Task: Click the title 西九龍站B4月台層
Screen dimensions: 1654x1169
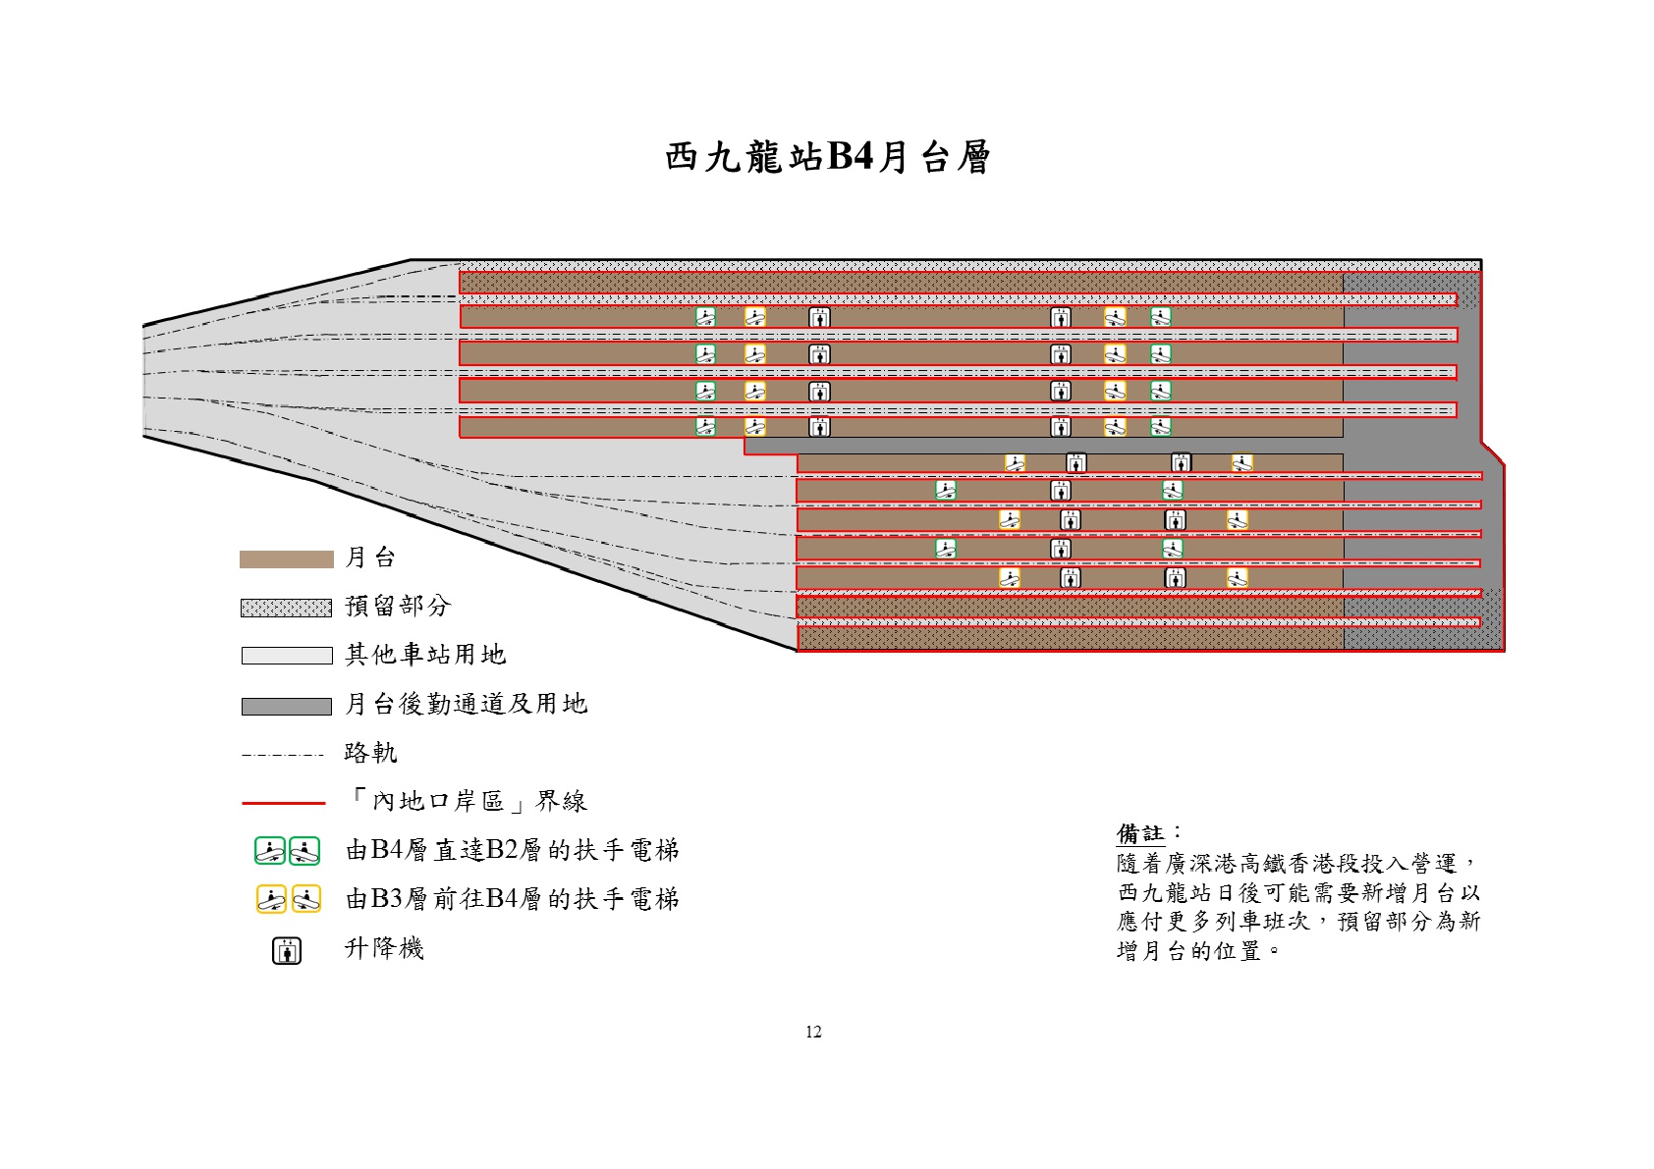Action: tap(827, 157)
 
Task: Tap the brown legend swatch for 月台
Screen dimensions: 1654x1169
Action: tap(287, 559)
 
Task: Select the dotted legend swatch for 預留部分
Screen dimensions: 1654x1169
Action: tap(287, 608)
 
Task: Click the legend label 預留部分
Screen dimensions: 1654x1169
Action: tap(398, 606)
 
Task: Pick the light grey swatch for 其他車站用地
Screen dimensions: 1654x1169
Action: tap(287, 656)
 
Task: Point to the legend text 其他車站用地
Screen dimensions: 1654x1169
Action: tap(425, 655)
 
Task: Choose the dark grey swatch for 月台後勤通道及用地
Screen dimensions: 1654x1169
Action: tap(287, 707)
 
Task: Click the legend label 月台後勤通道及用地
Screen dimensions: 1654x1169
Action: tap(467, 704)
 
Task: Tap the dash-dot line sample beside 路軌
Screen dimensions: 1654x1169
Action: tap(283, 756)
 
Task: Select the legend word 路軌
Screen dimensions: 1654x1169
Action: tap(371, 753)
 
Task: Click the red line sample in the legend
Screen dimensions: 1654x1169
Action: tap(283, 803)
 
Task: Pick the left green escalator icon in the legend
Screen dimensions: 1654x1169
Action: tap(270, 851)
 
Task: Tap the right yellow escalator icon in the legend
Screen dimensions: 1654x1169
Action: tap(306, 899)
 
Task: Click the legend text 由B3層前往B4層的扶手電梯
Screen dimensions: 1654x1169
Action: tap(513, 899)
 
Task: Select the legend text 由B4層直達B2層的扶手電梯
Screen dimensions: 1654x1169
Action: tap(513, 850)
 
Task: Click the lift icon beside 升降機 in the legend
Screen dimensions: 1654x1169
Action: tap(287, 950)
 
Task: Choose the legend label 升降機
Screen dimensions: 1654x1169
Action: tap(384, 948)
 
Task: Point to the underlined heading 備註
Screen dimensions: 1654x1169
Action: tap(1140, 834)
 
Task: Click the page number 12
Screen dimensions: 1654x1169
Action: tap(813, 1032)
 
